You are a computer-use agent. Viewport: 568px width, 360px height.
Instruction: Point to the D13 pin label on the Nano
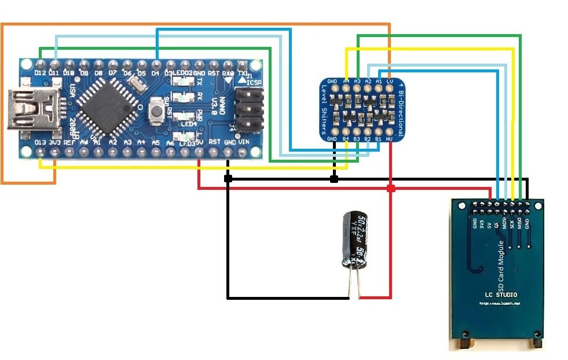[x=41, y=142]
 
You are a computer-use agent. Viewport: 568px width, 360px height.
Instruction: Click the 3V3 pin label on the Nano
[x=55, y=142]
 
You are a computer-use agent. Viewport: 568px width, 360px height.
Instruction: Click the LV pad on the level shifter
[x=390, y=82]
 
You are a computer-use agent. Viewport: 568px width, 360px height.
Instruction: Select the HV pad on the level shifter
[x=390, y=139]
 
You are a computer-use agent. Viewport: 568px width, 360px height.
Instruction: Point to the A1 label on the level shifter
[x=379, y=82]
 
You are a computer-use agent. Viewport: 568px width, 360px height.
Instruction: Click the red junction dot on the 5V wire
[x=391, y=189]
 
